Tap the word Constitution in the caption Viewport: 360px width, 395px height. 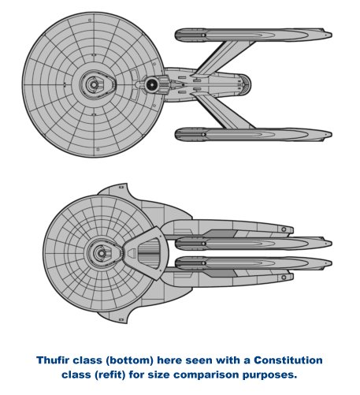tap(288, 360)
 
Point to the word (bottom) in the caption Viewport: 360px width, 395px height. tap(130, 360)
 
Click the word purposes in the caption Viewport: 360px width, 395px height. tap(269, 375)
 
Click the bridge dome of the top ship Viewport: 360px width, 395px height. tap(93, 84)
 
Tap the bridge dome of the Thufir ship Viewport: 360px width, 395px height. tap(100, 253)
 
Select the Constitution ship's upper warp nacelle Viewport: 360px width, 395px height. tap(254, 35)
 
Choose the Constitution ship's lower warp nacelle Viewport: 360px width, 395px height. tap(254, 134)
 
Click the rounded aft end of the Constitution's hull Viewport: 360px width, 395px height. tap(246, 84)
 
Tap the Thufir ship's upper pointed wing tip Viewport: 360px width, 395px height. tap(126, 184)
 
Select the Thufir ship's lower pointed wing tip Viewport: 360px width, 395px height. tap(126, 322)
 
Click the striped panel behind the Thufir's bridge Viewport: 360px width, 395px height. tap(149, 253)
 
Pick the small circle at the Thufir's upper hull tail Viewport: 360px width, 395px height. tap(284, 229)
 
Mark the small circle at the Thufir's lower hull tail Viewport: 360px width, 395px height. tap(284, 278)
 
